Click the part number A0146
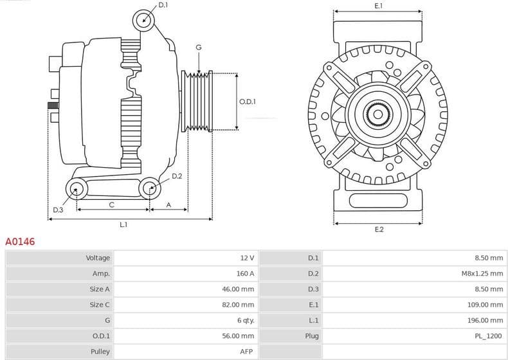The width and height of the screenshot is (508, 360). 20,242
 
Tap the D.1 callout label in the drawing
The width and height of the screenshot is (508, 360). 163,5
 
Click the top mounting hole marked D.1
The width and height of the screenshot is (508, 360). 144,21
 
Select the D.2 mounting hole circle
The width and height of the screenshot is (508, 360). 150,188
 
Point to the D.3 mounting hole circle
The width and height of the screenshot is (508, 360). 77,189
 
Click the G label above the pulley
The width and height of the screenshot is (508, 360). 199,48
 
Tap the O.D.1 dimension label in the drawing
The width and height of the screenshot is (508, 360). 248,102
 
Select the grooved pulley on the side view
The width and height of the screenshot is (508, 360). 198,102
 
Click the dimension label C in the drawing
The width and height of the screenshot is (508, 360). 112,205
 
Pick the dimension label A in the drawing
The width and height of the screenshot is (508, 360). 168,205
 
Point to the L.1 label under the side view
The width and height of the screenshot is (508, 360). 123,225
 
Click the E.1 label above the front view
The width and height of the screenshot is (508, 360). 378,6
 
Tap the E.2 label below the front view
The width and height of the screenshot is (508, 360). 379,230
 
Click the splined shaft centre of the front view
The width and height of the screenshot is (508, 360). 378,115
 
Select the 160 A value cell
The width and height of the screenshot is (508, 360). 246,273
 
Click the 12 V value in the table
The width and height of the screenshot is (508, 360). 247,258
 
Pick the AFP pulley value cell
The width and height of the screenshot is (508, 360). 248,352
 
